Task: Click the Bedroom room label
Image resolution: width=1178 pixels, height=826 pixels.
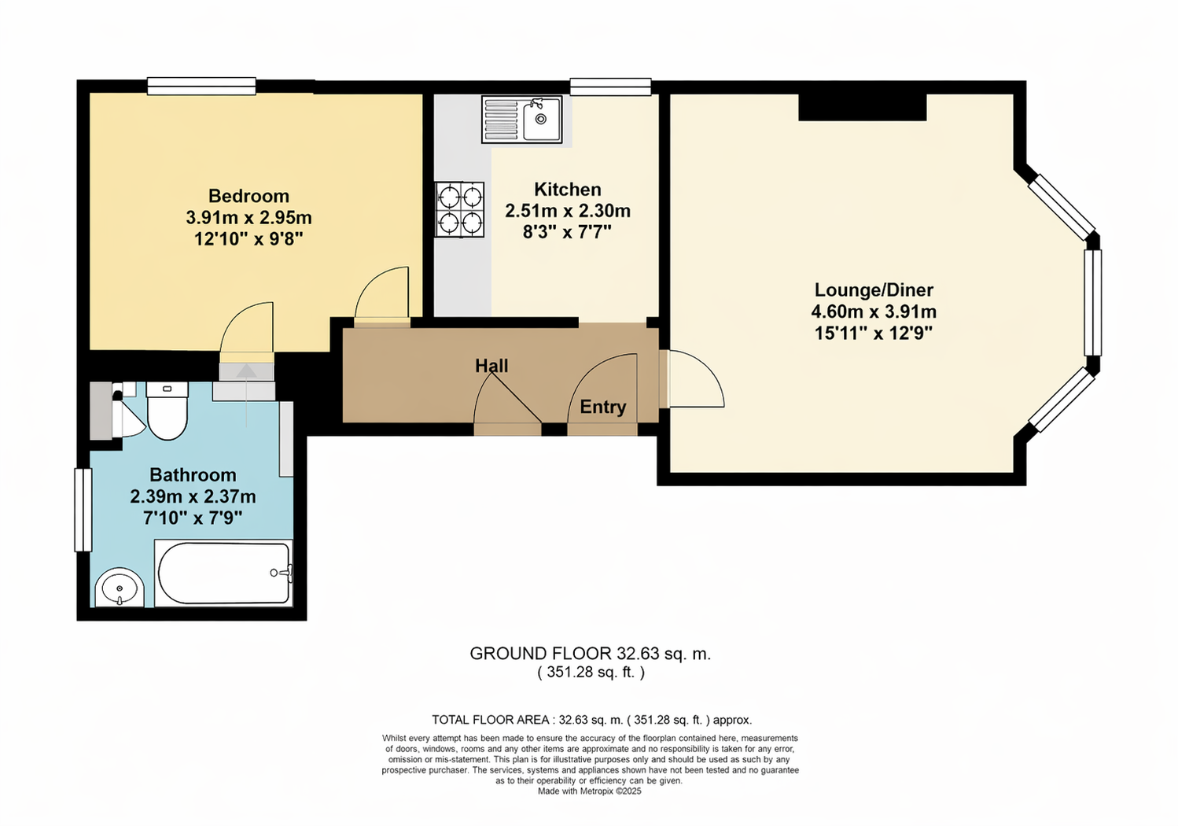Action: pyautogui.click(x=248, y=196)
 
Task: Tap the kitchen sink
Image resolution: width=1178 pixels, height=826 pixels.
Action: pyautogui.click(x=521, y=120)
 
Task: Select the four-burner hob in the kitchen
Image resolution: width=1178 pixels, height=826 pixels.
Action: pyautogui.click(x=459, y=209)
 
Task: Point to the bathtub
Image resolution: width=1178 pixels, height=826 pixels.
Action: pyautogui.click(x=223, y=573)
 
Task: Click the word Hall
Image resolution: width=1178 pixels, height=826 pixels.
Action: pyautogui.click(x=491, y=366)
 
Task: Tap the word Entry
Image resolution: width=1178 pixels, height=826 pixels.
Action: pyautogui.click(x=603, y=407)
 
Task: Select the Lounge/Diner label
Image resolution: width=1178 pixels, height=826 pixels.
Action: pyautogui.click(x=874, y=290)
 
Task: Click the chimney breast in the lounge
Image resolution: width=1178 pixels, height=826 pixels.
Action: pyautogui.click(x=863, y=107)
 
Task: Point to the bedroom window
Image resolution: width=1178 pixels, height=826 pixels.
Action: pyautogui.click(x=201, y=87)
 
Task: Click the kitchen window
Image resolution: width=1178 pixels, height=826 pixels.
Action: pyautogui.click(x=610, y=87)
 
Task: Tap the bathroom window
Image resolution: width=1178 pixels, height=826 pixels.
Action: pyautogui.click(x=83, y=510)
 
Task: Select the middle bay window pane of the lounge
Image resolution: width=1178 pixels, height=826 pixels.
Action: pyautogui.click(x=1093, y=303)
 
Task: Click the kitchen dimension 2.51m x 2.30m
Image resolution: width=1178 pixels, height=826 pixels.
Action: pyautogui.click(x=568, y=211)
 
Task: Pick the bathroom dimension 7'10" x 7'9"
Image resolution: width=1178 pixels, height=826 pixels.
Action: pyautogui.click(x=193, y=518)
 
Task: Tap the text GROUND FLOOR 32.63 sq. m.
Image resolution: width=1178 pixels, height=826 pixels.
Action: pyautogui.click(x=590, y=654)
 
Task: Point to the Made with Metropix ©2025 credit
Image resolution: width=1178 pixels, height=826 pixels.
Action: pyautogui.click(x=590, y=791)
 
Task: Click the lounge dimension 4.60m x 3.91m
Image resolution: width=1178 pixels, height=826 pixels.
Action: pyautogui.click(x=874, y=312)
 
